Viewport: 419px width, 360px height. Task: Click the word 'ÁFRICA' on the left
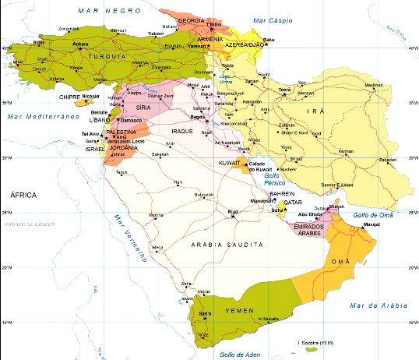pos(23,195)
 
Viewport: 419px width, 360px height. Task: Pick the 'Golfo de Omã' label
pos(374,215)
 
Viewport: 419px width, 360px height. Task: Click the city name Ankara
pos(58,44)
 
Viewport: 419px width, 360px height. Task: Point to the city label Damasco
pos(130,121)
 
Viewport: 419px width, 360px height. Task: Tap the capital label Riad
pos(232,212)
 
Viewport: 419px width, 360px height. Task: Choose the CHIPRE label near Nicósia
pos(69,97)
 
